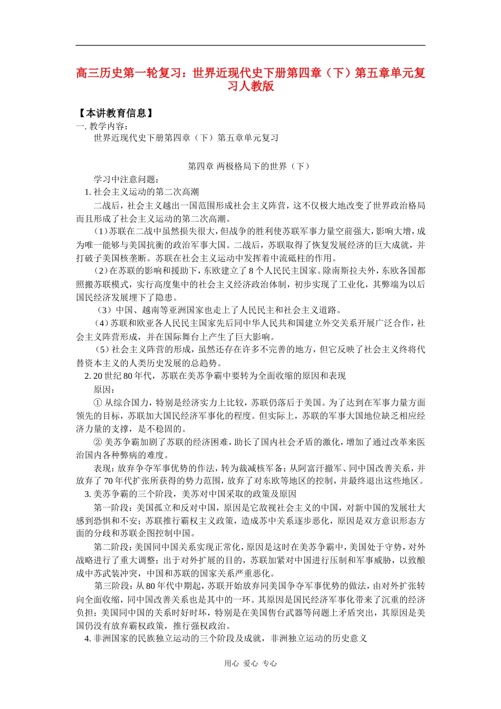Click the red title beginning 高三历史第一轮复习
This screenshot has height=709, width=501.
pos(250,79)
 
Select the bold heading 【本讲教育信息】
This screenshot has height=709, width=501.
pos(116,113)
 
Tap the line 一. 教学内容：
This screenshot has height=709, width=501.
pos(102,126)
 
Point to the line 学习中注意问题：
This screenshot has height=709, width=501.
pos(127,179)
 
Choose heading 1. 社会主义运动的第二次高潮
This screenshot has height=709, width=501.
pos(142,192)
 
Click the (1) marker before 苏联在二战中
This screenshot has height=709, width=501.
pos(101,232)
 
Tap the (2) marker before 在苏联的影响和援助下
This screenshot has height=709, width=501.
pos(101,271)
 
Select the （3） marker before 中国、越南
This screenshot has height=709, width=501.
pos(104,310)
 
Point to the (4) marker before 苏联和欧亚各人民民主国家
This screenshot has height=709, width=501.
pos(101,323)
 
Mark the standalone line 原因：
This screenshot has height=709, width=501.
pos(104,389)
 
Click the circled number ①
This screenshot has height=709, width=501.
pos(98,403)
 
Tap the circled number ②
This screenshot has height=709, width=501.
pos(98,442)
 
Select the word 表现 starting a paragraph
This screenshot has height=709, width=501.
pos(102,468)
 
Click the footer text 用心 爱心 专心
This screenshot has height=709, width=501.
pos(250,664)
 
